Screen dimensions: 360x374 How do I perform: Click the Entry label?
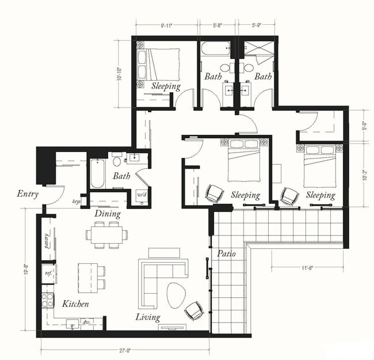[28, 194]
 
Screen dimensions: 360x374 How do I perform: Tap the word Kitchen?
[75, 304]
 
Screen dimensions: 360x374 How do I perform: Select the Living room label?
[148, 317]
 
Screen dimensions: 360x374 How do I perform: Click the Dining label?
[108, 214]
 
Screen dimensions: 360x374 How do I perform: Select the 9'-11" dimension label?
[167, 25]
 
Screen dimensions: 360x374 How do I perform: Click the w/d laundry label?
[142, 195]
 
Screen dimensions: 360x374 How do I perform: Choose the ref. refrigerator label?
[48, 274]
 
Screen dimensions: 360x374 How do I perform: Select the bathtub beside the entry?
[97, 173]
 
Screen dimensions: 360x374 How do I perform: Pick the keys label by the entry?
[76, 201]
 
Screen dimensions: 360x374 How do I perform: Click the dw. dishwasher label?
[86, 322]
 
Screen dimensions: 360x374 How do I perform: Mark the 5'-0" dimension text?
[364, 123]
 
